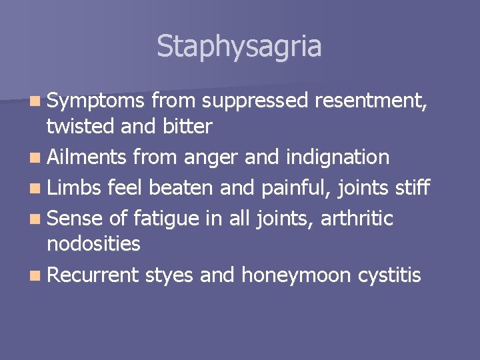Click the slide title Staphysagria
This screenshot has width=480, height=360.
pyautogui.click(x=239, y=46)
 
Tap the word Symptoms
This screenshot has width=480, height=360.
pyautogui.click(x=95, y=101)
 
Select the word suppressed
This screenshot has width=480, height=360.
pyautogui.click(x=255, y=101)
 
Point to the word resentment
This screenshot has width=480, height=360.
pyautogui.click(x=371, y=101)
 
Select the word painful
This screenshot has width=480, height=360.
pyautogui.click(x=297, y=188)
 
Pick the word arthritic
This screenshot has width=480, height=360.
pyautogui.click(x=358, y=219)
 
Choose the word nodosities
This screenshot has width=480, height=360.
pyautogui.click(x=93, y=243)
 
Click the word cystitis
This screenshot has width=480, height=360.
pyautogui.click(x=390, y=275)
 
